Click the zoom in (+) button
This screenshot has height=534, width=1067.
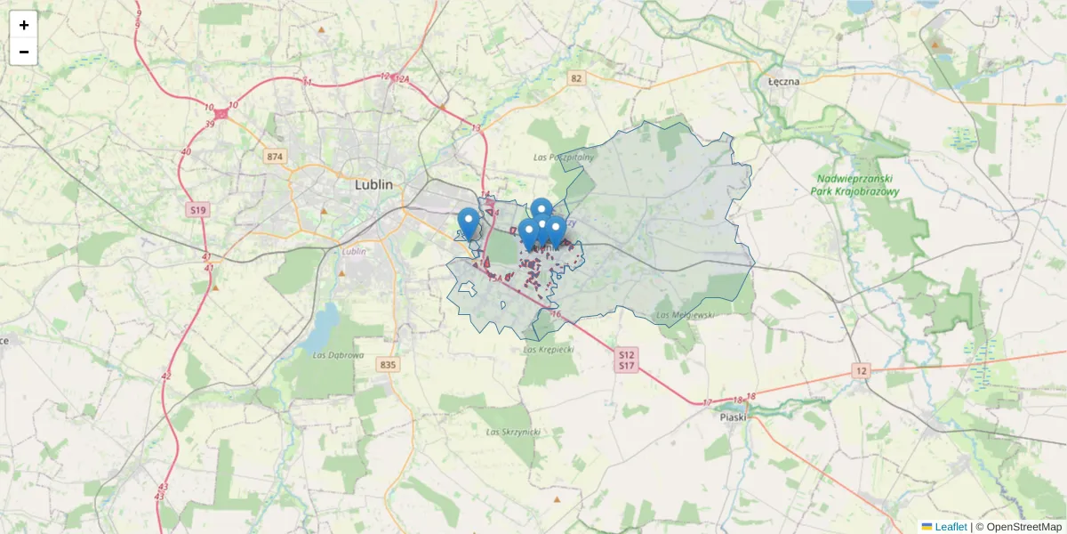pyautogui.click(x=23, y=25)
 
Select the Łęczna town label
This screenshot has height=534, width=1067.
pyautogui.click(x=783, y=81)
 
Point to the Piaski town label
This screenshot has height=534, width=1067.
pyautogui.click(x=734, y=416)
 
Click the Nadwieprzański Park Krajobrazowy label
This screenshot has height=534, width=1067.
pyautogui.click(x=857, y=185)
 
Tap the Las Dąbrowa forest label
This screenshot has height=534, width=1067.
pyautogui.click(x=339, y=355)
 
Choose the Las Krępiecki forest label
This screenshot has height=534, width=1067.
pyautogui.click(x=549, y=350)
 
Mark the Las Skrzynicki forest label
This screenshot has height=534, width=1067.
pyautogui.click(x=514, y=432)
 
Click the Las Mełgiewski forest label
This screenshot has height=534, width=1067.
pyautogui.click(x=685, y=315)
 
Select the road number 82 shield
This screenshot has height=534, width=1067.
pyautogui.click(x=577, y=78)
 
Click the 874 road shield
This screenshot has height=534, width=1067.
pyautogui.click(x=275, y=157)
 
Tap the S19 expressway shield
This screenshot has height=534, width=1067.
pyautogui.click(x=197, y=210)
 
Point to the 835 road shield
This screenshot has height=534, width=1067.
pyautogui.click(x=387, y=365)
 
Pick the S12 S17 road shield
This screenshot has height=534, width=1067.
pyautogui.click(x=627, y=360)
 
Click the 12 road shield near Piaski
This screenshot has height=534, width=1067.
pyautogui.click(x=860, y=369)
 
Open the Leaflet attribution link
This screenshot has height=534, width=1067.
pyautogui.click(x=950, y=527)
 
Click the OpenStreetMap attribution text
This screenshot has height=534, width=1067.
pyautogui.click(x=1023, y=527)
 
